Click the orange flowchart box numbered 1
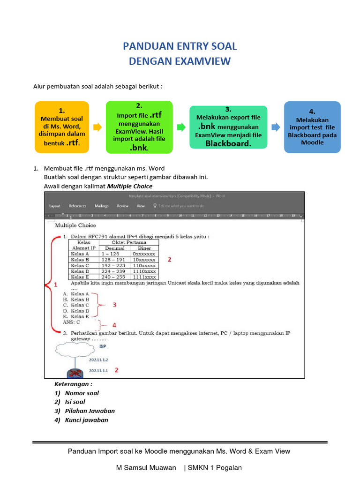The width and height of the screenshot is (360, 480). [x=62, y=127]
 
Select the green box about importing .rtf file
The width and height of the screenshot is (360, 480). [x=139, y=127]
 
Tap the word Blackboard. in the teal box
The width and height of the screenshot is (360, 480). [x=228, y=144]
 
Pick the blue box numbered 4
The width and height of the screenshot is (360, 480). [x=312, y=127]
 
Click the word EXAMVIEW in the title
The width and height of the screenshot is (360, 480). [x=203, y=61]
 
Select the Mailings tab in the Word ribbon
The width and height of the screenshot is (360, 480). [x=102, y=206]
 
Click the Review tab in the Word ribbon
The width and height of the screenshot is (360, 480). [x=123, y=206]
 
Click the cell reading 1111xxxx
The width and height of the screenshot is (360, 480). [x=145, y=277]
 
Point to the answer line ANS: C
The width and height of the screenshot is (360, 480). [x=71, y=322]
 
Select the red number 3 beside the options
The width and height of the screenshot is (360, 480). [x=114, y=305]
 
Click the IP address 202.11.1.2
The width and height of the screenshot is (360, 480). [x=98, y=360]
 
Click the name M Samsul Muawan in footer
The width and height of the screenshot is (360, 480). [x=146, y=467]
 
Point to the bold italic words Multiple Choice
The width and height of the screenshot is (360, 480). [x=130, y=186]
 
